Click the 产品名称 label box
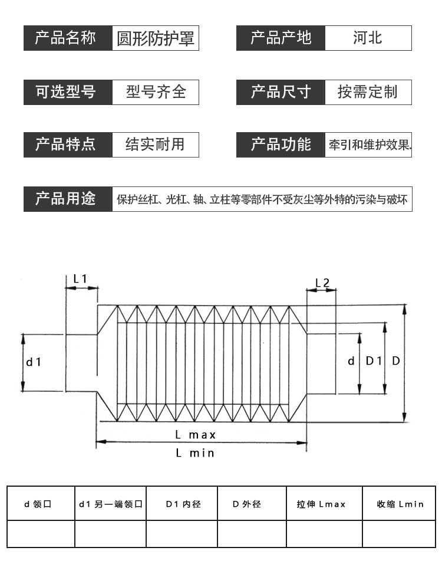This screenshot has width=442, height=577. click(x=68, y=38)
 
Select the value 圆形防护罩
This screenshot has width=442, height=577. click(x=156, y=38)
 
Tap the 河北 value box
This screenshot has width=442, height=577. click(x=368, y=38)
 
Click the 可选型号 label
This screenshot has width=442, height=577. click(x=66, y=92)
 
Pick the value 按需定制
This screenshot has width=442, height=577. click(x=367, y=92)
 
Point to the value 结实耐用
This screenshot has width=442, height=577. click(x=155, y=144)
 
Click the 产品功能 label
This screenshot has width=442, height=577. click(x=281, y=144)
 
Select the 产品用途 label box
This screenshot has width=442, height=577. click(x=68, y=199)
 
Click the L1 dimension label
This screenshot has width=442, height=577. click(x=80, y=278)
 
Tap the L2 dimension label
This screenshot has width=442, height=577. click(x=322, y=283)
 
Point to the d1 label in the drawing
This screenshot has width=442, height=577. click(x=34, y=362)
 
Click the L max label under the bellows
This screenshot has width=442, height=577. click(x=195, y=435)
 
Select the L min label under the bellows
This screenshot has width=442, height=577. click(x=195, y=453)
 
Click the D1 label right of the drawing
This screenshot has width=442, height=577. click(x=374, y=361)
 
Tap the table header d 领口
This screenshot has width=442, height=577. click(x=38, y=504)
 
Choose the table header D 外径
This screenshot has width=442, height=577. click(x=247, y=504)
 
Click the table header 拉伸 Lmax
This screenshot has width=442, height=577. click(x=321, y=504)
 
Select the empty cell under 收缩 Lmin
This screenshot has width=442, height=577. click(x=399, y=534)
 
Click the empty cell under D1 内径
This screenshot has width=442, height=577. click(x=182, y=534)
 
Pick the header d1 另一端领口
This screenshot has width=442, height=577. click(x=111, y=504)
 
